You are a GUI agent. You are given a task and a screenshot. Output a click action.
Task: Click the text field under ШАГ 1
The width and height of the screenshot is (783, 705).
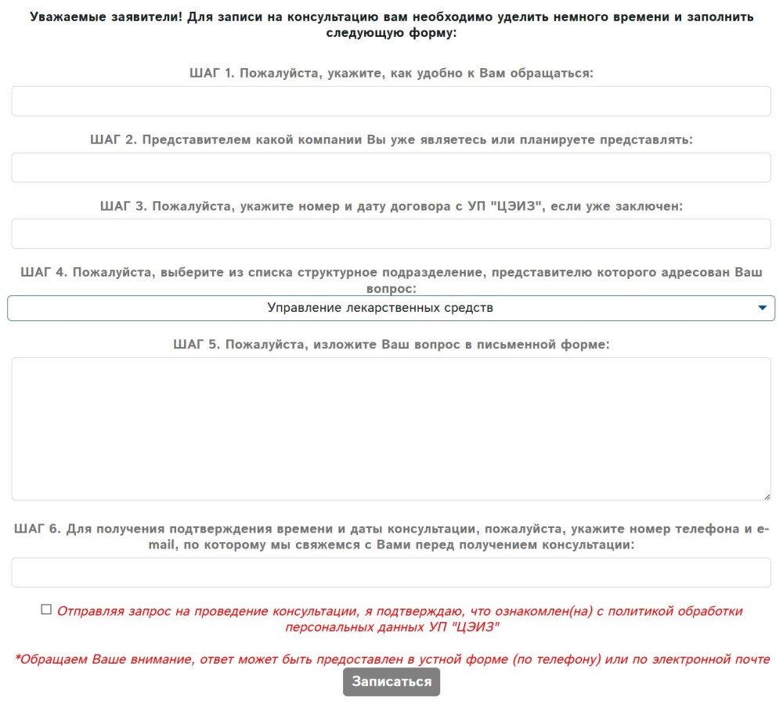click(x=391, y=101)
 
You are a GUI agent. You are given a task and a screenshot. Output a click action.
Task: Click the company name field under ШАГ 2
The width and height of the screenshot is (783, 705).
click(x=391, y=168)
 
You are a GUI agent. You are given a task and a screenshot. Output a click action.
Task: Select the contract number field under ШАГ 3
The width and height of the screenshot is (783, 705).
click(x=391, y=234)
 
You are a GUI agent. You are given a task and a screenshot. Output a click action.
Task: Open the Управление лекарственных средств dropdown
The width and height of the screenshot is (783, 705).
click(x=381, y=308)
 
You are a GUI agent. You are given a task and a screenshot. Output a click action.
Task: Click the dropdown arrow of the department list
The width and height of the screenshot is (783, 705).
click(x=763, y=308)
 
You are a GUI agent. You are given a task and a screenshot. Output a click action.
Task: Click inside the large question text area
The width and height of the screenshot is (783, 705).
click(x=391, y=428)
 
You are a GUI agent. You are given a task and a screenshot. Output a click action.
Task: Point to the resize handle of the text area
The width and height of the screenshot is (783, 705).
click(x=767, y=496)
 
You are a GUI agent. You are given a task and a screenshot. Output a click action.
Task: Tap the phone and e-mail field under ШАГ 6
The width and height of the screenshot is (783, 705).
click(x=391, y=573)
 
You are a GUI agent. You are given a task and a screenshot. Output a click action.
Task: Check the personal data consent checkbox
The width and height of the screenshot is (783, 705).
click(x=46, y=609)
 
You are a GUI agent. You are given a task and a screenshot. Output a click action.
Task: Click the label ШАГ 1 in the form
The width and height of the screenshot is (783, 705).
click(x=211, y=74)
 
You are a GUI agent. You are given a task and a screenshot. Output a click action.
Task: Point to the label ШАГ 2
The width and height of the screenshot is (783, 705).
click(x=114, y=139)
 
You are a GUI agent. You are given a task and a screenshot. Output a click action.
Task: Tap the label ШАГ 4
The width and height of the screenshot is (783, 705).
click(x=43, y=273)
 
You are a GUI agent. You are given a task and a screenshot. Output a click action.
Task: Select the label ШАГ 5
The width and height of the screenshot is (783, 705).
click(x=196, y=344)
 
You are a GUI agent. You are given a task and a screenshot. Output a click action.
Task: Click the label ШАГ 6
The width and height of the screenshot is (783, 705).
click(x=37, y=529)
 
